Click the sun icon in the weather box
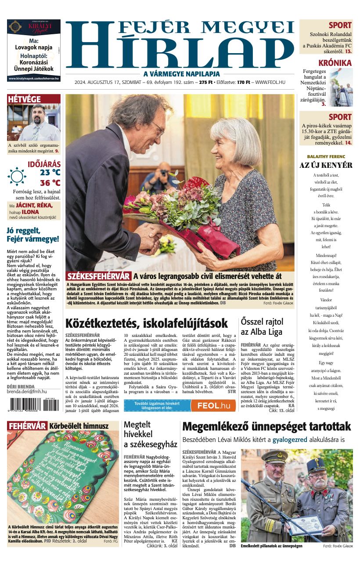[17, 177]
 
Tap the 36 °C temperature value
[50, 183]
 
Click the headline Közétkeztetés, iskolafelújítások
[147, 323]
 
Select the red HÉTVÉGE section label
[25, 99]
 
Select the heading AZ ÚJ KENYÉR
[326, 165]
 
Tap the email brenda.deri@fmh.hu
[27, 391]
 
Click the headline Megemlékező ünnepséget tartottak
[266, 427]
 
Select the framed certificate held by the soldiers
[303, 525]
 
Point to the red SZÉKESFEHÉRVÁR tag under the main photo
[98, 276]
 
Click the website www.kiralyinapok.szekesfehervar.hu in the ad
[34, 79]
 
